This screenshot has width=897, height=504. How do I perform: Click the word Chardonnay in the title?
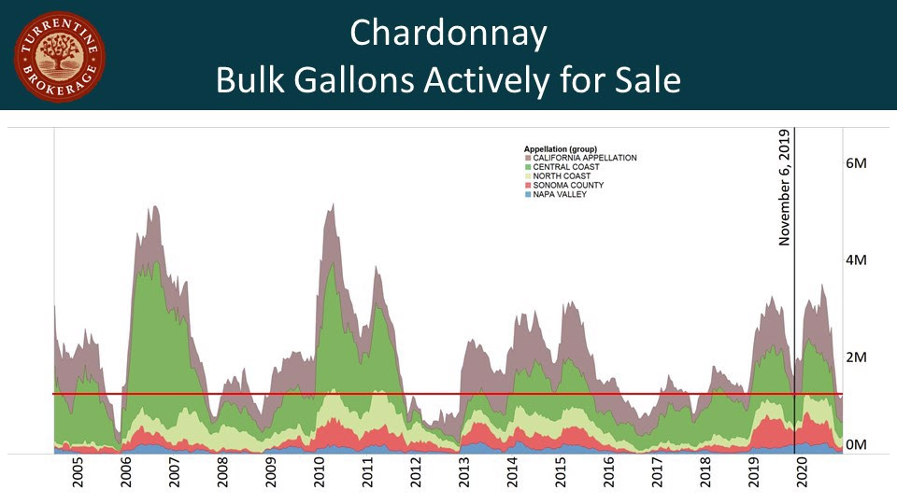coord(448,35)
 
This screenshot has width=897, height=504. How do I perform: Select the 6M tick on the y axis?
coord(856,163)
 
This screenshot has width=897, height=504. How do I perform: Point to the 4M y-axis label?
coord(856,260)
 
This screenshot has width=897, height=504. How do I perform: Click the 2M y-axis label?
coord(856,357)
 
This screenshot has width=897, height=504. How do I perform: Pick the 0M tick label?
coord(856,445)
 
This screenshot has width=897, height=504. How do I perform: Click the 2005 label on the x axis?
coord(78,473)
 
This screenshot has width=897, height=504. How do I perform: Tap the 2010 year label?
coord(320,473)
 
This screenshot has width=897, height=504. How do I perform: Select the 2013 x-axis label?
coord(464,473)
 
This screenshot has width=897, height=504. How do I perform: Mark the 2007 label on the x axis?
coord(175,473)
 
